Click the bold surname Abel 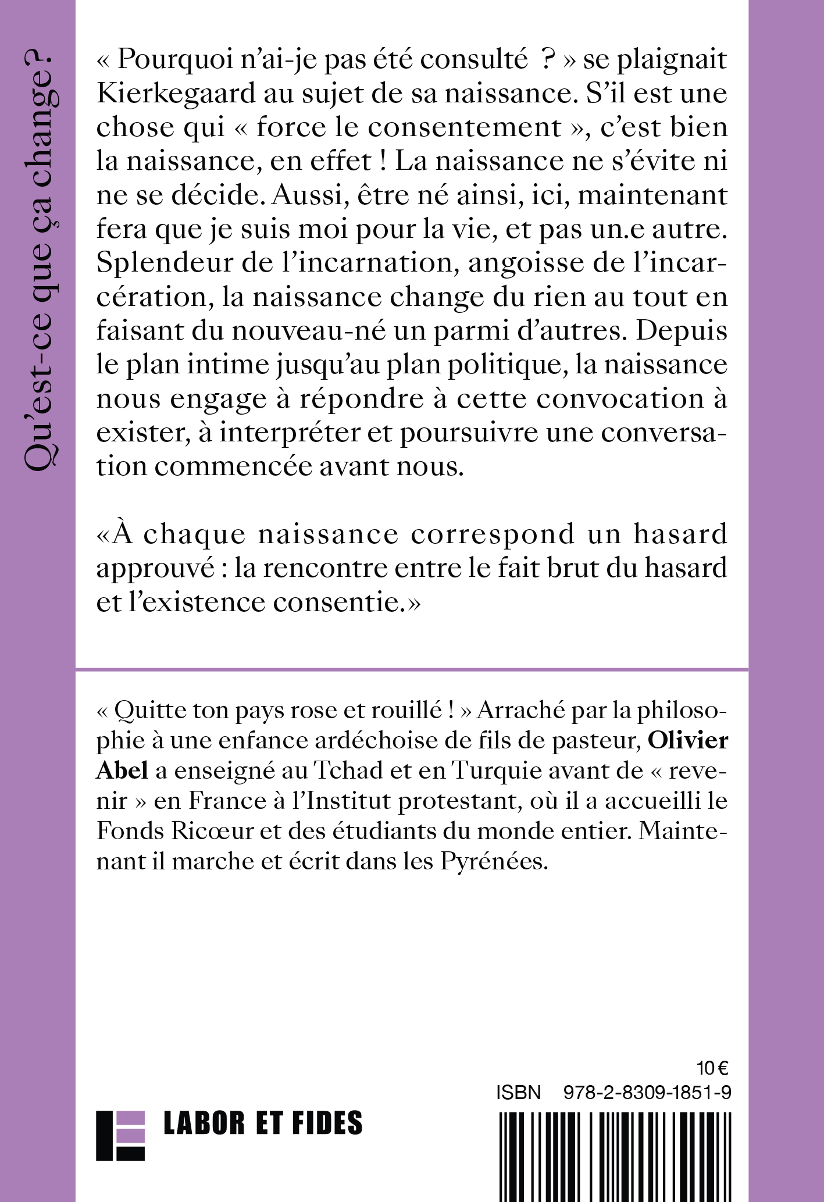tap(122, 771)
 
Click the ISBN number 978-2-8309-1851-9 tap(647, 1093)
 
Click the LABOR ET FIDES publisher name tap(263, 1123)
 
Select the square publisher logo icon tap(120, 1135)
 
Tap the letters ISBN tap(519, 1093)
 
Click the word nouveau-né tap(298, 331)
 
